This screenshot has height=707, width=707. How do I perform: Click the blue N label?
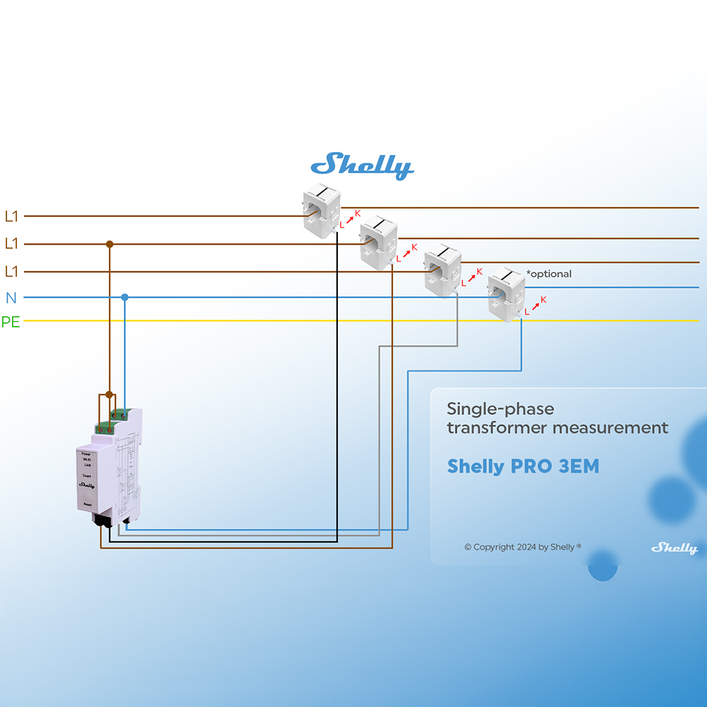tap(11, 298)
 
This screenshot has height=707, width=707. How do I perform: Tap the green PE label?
tap(11, 322)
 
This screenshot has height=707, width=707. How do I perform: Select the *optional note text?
tap(549, 274)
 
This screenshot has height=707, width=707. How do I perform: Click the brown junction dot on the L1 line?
tap(110, 244)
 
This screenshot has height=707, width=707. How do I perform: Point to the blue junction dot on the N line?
tap(124, 297)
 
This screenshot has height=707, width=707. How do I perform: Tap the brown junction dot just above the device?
tap(109, 395)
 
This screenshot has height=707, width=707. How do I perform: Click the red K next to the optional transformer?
tap(543, 300)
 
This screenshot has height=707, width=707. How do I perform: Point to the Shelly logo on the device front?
tap(86, 485)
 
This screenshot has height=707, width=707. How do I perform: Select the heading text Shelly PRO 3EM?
tap(523, 467)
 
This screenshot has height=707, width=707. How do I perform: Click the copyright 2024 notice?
tap(522, 547)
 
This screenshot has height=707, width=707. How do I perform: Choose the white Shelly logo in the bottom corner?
tap(674, 548)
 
